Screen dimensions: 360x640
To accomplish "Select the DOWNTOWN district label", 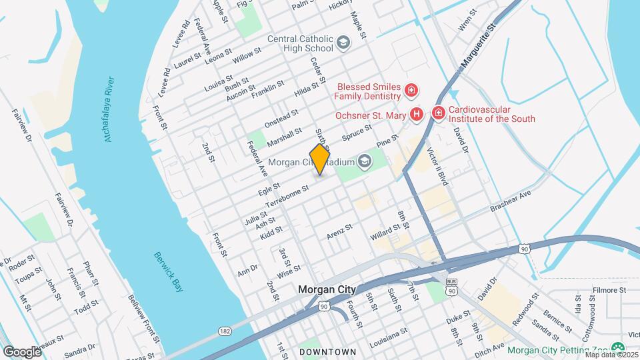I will tap(327, 351).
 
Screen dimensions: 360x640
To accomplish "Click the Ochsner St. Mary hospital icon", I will tap(417, 114).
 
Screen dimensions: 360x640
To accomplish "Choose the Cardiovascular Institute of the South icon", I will tap(438, 114).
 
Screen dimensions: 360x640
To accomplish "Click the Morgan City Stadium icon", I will tap(365, 161).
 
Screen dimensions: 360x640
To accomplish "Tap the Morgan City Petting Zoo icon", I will tap(618, 348).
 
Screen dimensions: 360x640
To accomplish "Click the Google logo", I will tap(21, 351).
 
